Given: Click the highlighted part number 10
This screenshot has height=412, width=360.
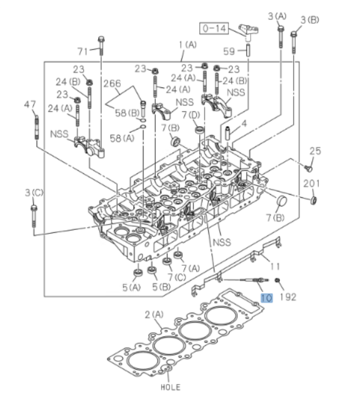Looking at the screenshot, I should pos(266,299).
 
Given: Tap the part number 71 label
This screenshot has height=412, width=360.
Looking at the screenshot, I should pos(82,51).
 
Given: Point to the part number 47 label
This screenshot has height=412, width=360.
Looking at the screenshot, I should pos(30,104).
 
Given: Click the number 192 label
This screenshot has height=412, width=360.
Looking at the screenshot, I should pos(288,296).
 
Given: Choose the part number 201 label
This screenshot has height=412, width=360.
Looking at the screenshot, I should pos(311,183).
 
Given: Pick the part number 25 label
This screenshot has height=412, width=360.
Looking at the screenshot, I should pos(315,151).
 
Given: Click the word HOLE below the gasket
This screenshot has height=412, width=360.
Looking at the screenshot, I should pos(170,387).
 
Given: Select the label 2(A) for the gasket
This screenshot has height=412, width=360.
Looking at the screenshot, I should pos(154,315).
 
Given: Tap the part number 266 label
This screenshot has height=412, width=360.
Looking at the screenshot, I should pos(112,83).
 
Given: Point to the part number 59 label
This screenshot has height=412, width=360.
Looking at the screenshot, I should pos(229,52).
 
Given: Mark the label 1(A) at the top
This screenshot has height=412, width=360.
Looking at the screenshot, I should pos(187,45).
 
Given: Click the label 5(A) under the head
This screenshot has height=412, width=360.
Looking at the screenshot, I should pos(131,288).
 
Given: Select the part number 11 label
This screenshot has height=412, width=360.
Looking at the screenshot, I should pos(275,265).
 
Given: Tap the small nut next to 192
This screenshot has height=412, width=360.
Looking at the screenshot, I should pos(278,280).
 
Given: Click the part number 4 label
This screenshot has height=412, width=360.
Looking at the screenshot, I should pos(244,124).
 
